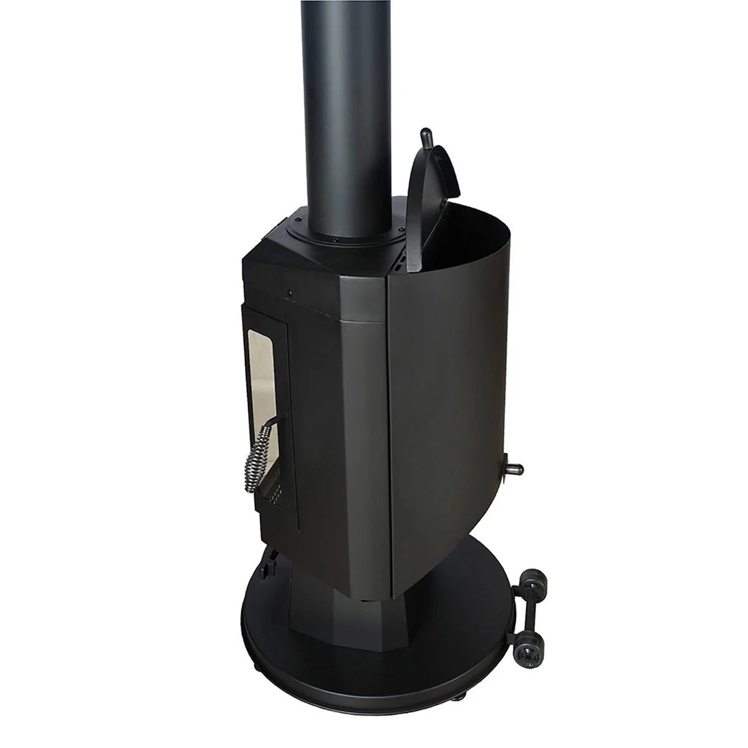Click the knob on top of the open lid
coord(427,135)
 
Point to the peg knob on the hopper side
coord(515,467)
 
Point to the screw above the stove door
coord(291,293)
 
